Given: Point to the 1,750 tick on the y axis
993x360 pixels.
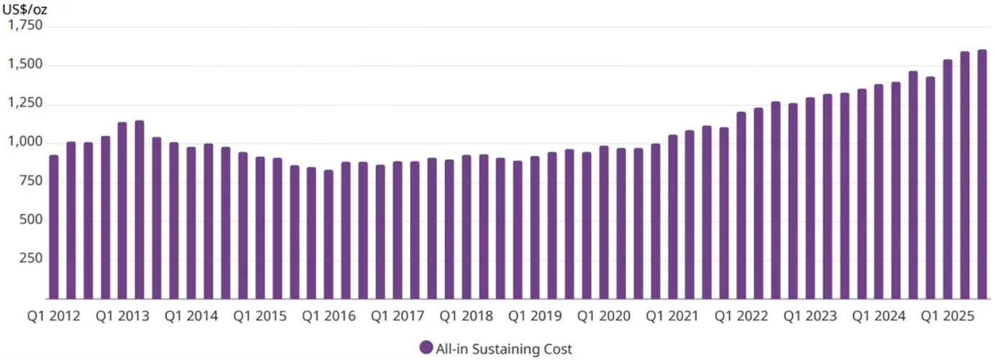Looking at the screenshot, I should tap(26, 26).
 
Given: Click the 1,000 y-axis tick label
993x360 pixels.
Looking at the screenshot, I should tap(26, 143).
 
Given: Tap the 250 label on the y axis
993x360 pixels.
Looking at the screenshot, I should tap(32, 259).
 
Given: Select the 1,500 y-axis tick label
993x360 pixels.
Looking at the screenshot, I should tap(26, 65).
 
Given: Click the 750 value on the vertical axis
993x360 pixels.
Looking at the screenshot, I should tap(32, 181).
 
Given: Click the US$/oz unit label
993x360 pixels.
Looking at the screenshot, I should tap(28, 10).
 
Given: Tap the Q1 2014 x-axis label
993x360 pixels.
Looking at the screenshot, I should tap(191, 316).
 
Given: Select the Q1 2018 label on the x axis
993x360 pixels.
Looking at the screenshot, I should tap(466, 316).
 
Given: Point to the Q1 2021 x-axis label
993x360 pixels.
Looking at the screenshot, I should tap(672, 316).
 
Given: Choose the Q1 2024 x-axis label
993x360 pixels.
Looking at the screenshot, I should tap(879, 316).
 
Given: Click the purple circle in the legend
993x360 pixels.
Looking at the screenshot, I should tap(426, 348).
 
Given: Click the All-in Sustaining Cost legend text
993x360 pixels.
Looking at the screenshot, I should tap(504, 349).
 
